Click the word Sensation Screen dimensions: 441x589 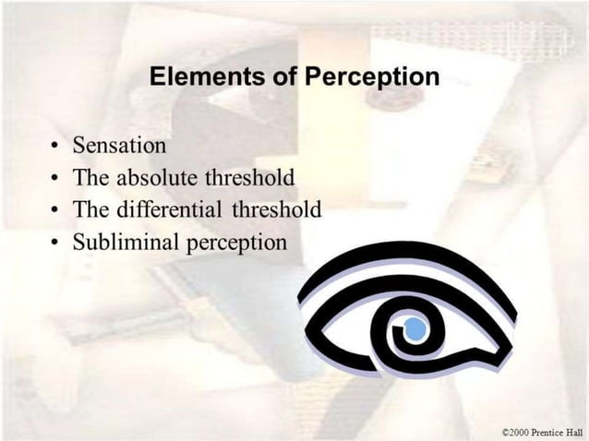120,146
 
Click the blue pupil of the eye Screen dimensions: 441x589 415,328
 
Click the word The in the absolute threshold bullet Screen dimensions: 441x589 90,177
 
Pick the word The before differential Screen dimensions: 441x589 90,209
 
